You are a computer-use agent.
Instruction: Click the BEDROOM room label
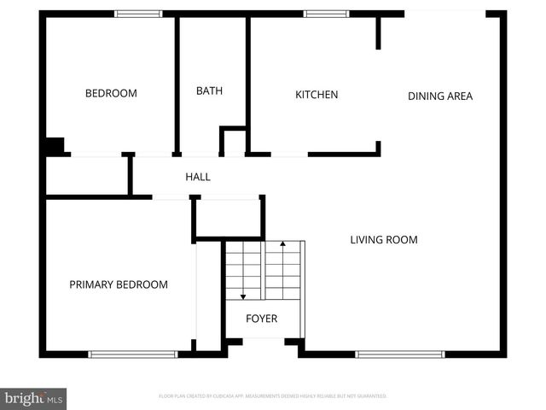coord(111,94)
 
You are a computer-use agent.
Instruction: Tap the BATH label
coord(209,91)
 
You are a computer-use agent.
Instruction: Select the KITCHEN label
coord(317,95)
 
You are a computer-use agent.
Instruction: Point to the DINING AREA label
coord(439,97)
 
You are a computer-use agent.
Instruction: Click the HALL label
coord(198,177)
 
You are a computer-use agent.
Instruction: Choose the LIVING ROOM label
coord(384,240)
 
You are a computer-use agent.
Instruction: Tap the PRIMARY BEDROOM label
coord(119,284)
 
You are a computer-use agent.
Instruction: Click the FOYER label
coord(261,319)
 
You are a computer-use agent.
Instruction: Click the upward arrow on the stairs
coord(282,245)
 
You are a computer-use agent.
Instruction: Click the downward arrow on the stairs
coord(243,296)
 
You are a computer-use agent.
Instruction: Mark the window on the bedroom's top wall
coord(138,14)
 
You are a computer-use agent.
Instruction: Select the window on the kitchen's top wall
coord(326,14)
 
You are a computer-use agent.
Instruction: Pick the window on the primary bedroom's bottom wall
coord(133,354)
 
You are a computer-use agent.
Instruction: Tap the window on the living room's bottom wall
coord(400,354)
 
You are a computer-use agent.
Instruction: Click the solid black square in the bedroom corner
coord(55,146)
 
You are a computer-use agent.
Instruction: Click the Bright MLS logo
coord(34,398)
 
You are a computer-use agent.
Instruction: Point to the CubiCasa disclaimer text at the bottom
coord(273,396)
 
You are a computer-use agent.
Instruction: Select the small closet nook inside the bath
coord(234,142)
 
